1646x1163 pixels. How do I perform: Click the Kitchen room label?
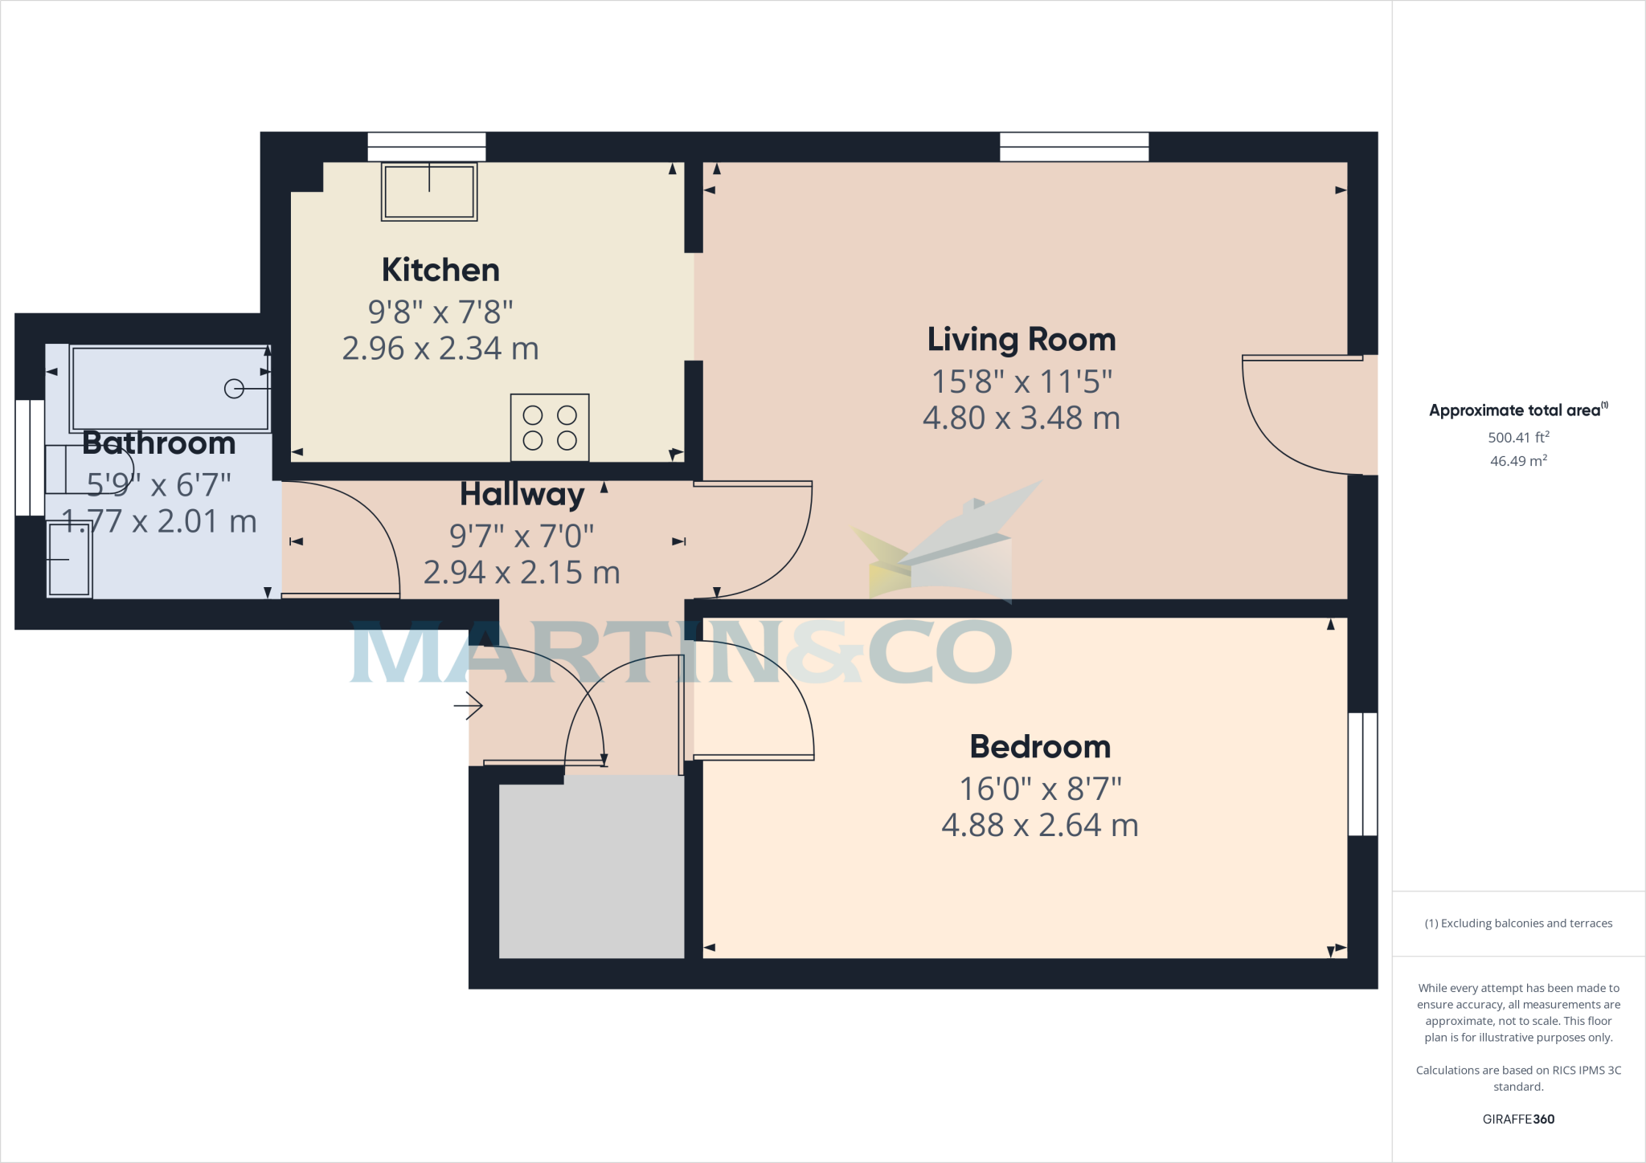440,270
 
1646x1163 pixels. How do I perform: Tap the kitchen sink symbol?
429,193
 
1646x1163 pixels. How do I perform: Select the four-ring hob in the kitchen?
550,427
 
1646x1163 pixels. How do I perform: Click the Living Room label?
1022,340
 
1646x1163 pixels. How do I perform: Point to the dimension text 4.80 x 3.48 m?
1021,418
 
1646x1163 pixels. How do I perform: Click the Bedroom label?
1040,747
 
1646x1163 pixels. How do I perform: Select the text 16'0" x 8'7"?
1040,789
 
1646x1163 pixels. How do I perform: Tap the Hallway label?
522,495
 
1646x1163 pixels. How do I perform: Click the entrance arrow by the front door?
469,706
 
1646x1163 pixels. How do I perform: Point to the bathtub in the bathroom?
170,389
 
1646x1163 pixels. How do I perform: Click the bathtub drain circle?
234,389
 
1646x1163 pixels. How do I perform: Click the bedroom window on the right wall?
1362,774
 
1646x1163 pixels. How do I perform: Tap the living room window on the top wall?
1074,147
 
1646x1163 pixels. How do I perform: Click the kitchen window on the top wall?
427,147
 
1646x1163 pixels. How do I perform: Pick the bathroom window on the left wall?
30,458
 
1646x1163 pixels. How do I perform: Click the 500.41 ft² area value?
1518,438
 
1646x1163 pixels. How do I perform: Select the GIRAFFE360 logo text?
1518,1119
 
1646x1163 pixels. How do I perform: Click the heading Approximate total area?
1516,410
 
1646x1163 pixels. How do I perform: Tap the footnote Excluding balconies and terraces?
1518,924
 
